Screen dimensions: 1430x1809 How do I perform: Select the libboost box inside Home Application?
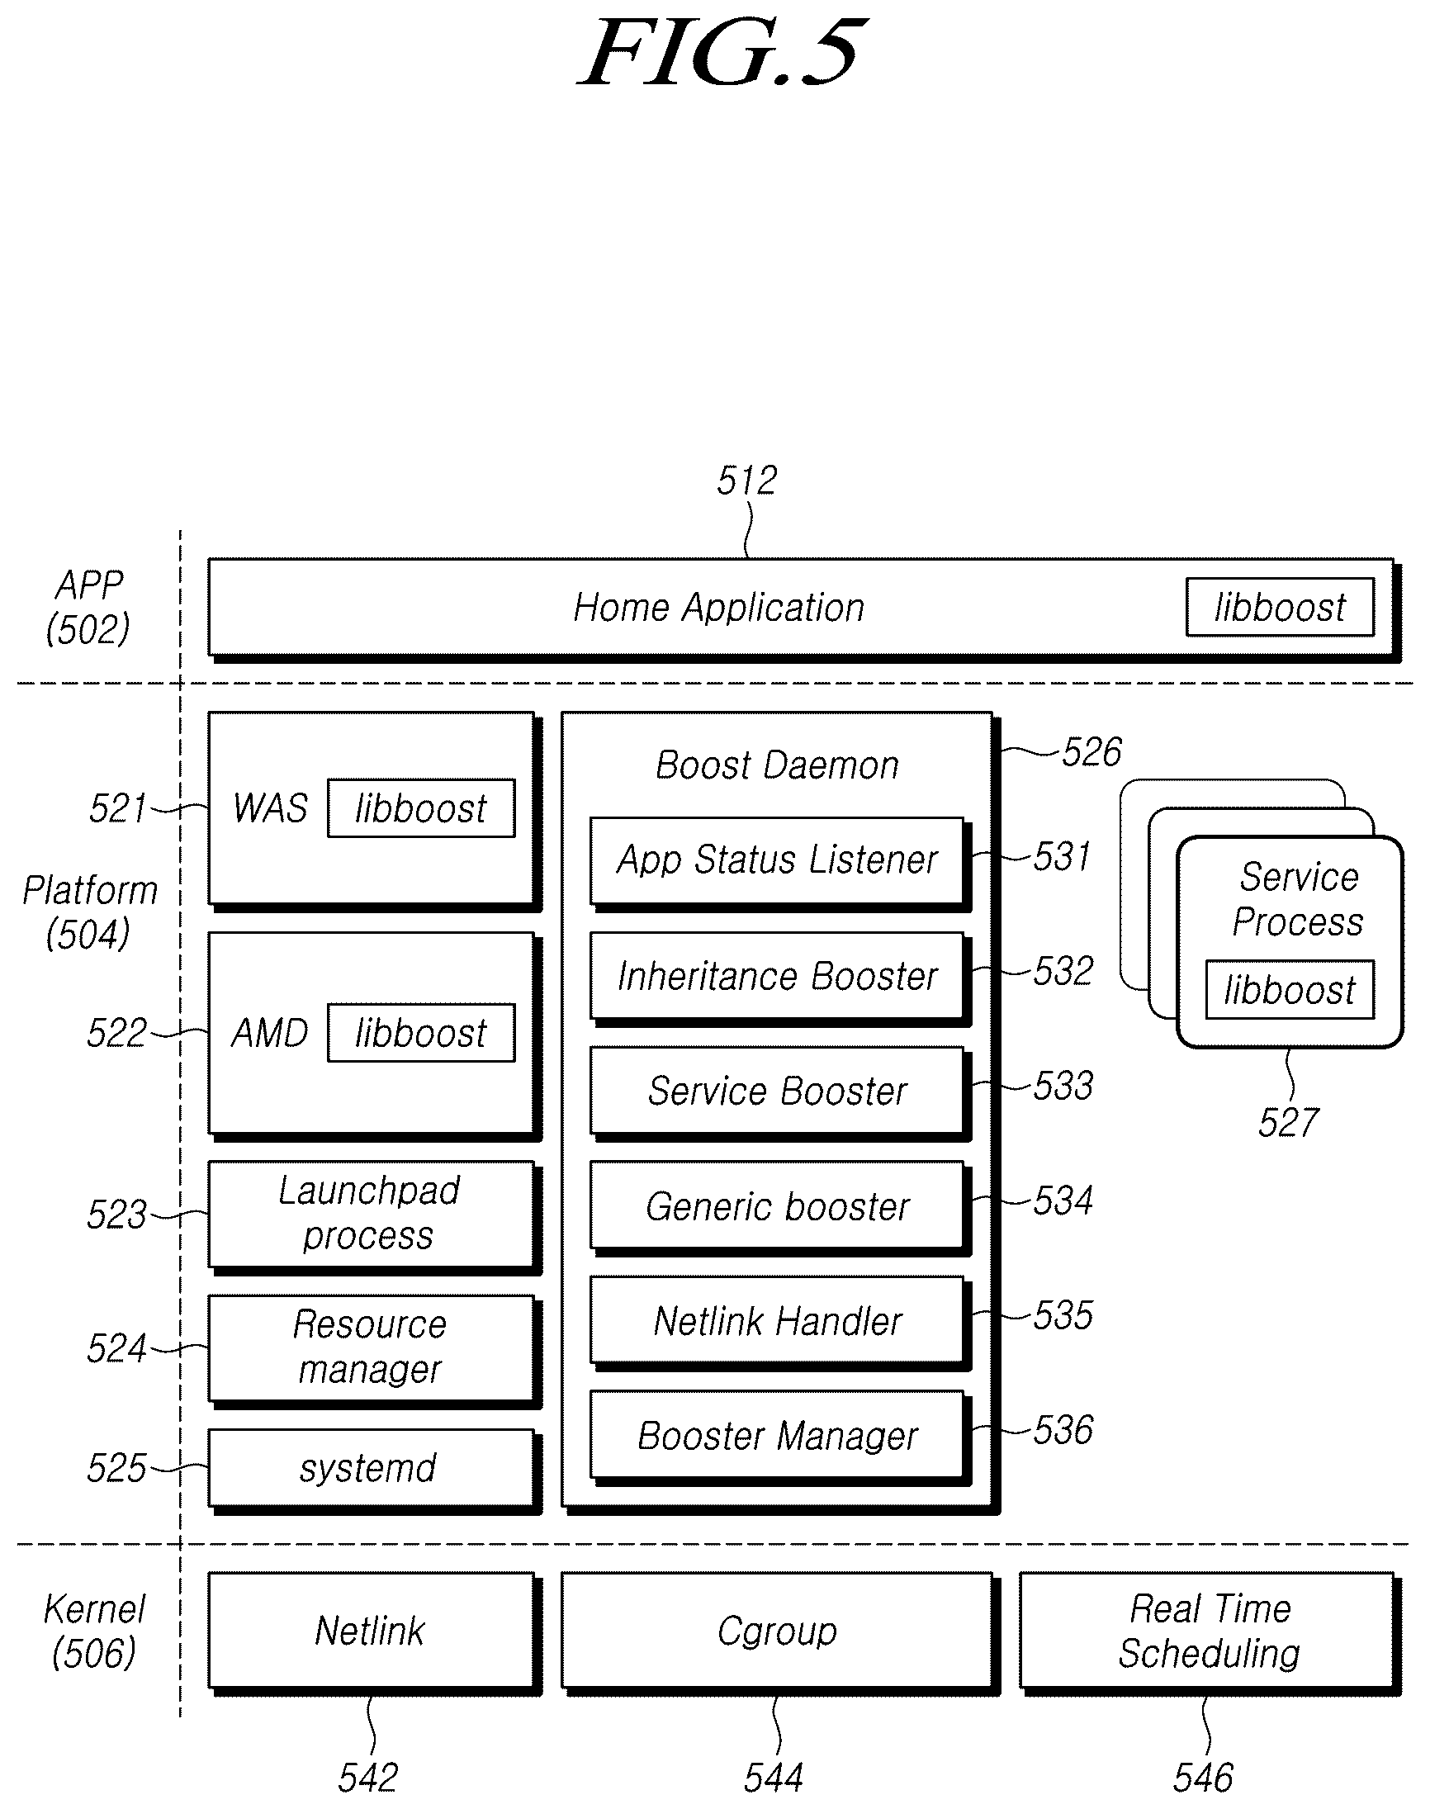(1279, 607)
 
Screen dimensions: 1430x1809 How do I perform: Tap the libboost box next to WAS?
(421, 807)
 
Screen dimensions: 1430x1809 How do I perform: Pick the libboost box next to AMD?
(421, 1032)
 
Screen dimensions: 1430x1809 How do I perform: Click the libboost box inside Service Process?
(1290, 989)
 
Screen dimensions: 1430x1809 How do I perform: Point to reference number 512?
(747, 481)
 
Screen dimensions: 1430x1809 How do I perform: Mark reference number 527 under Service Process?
(1289, 1123)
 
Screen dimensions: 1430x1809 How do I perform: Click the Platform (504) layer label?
(90, 912)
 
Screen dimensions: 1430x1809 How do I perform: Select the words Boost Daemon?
(777, 765)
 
